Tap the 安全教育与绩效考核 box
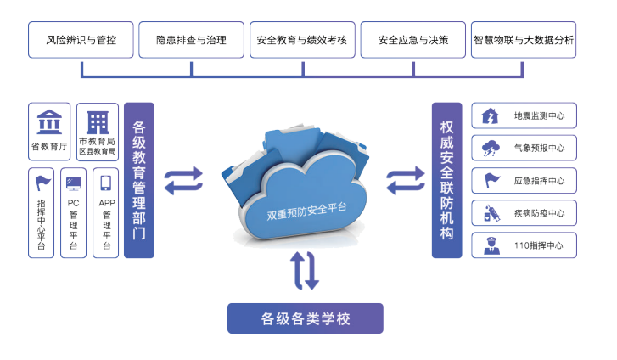tap(303, 40)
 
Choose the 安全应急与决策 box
tap(413, 40)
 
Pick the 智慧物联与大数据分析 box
tap(524, 40)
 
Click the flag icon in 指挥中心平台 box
tap(42, 182)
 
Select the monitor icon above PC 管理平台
tap(74, 183)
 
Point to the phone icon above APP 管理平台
tap(106, 183)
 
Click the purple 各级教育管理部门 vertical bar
tap(139, 180)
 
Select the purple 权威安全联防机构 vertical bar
tap(446, 180)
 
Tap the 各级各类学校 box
tap(306, 318)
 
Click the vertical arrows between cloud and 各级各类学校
tap(306, 270)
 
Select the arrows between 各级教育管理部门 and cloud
tap(182, 180)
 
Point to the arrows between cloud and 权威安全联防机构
tap(405, 181)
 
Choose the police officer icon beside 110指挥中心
tap(491, 245)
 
